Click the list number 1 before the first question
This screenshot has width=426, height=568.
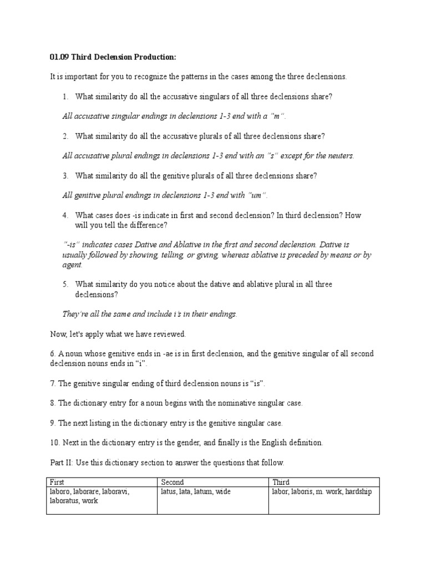pyautogui.click(x=65, y=97)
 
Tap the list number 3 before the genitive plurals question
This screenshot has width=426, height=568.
pyautogui.click(x=65, y=175)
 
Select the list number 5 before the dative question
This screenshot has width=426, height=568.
pyautogui.click(x=65, y=284)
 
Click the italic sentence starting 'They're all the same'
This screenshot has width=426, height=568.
pyautogui.click(x=150, y=314)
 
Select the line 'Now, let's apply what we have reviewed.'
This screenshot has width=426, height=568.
pyautogui.click(x=118, y=334)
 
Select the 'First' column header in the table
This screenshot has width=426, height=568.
pyautogui.click(x=58, y=482)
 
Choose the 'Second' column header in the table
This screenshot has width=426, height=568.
pyautogui.click(x=172, y=482)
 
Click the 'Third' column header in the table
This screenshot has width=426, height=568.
pyautogui.click(x=281, y=482)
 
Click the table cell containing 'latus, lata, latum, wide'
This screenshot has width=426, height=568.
pyautogui.click(x=212, y=500)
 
